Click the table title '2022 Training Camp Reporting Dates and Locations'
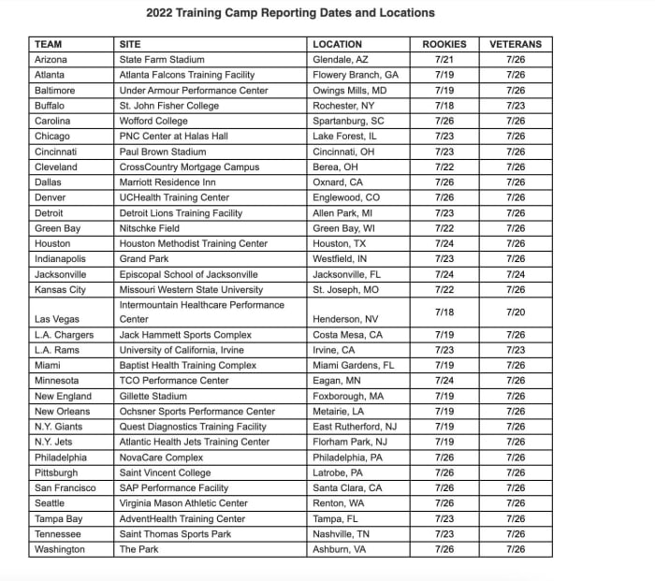(x=291, y=13)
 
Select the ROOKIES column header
(x=444, y=44)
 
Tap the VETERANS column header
(x=515, y=44)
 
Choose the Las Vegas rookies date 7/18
(x=444, y=312)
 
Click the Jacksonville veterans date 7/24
(x=515, y=274)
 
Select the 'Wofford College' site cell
(x=153, y=121)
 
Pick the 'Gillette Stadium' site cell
(x=153, y=396)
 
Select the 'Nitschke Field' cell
(x=150, y=228)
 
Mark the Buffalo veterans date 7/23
(x=515, y=106)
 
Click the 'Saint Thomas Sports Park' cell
(x=174, y=533)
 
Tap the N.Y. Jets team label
(x=55, y=442)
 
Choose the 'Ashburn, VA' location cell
(x=340, y=549)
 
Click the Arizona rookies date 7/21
(x=444, y=60)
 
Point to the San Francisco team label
(x=65, y=487)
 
